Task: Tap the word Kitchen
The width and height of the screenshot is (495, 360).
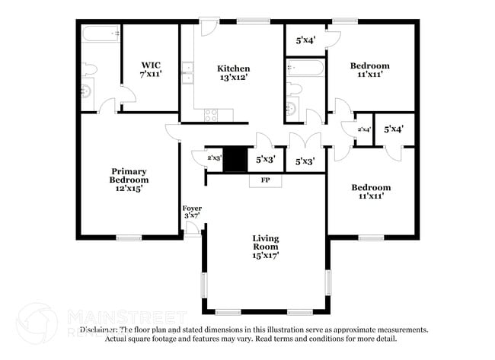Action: [233, 68]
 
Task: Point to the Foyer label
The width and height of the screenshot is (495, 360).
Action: [192, 208]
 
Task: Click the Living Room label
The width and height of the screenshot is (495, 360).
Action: [266, 243]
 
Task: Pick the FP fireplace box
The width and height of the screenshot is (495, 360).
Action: [265, 180]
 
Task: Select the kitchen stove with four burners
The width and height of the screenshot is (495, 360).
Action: [211, 115]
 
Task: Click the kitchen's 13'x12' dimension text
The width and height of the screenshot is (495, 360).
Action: [233, 78]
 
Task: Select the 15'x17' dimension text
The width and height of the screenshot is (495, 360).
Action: [266, 256]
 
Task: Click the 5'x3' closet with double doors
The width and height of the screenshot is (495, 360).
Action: [305, 161]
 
